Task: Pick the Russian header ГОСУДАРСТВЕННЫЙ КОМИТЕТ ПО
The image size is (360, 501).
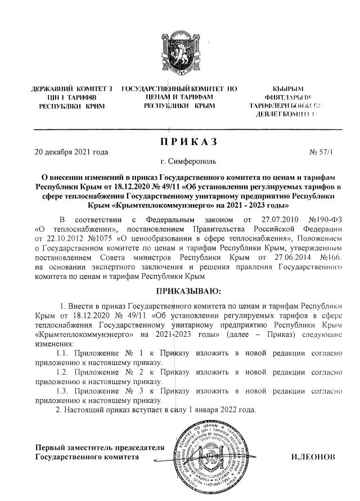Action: [179, 89]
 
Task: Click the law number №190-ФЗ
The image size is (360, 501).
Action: [325, 233]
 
